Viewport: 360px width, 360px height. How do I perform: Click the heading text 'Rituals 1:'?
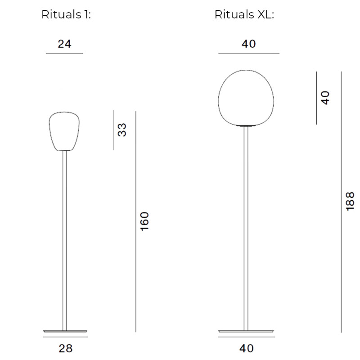(x=66, y=15)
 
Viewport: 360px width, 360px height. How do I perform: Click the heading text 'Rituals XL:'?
(x=244, y=15)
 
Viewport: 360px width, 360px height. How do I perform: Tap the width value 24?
(x=64, y=44)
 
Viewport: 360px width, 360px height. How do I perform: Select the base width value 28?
(x=66, y=348)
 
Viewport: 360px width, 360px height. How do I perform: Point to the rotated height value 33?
(x=122, y=130)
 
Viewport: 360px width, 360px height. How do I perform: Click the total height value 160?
(x=144, y=221)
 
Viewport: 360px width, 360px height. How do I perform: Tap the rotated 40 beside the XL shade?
(x=325, y=97)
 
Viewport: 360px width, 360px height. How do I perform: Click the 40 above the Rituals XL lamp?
(x=248, y=44)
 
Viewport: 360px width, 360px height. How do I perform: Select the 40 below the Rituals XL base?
(x=247, y=348)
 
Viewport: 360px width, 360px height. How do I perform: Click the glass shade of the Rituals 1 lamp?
(x=65, y=131)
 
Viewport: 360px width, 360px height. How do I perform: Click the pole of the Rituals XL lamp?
(x=246, y=225)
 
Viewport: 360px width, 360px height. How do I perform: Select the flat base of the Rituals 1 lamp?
(x=66, y=330)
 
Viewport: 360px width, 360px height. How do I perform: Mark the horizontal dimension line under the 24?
(x=64, y=54)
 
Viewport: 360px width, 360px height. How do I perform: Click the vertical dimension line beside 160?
(x=135, y=221)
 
